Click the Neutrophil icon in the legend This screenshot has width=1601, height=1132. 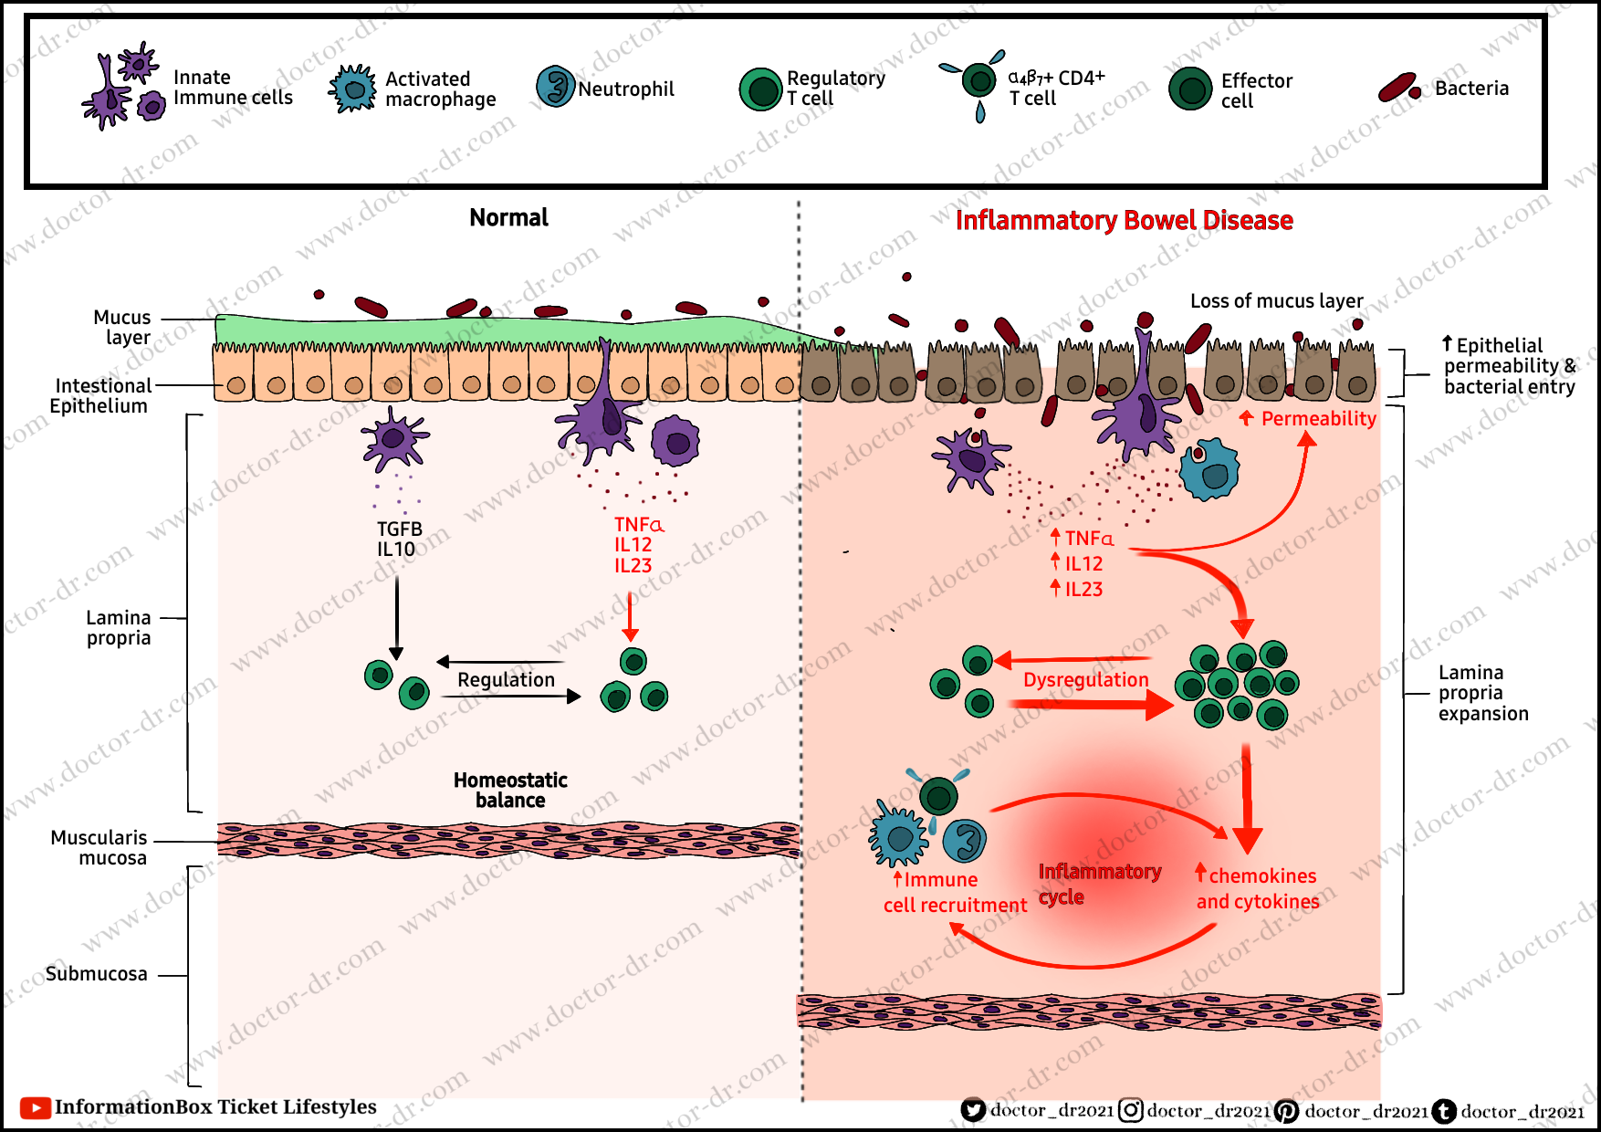click(555, 87)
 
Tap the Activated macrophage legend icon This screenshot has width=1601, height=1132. click(352, 89)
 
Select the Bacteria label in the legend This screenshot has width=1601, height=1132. click(1471, 89)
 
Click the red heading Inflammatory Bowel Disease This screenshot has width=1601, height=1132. click(1124, 221)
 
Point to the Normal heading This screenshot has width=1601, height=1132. click(508, 217)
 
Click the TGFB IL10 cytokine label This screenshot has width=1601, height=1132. click(399, 540)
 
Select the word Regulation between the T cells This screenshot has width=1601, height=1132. click(506, 680)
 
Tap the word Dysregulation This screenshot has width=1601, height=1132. click(1085, 680)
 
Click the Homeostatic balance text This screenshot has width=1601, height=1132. click(510, 791)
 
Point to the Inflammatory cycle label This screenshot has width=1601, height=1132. click(1099, 884)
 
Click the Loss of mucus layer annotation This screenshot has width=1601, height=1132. click(1276, 301)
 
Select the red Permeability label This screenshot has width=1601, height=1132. click(1318, 419)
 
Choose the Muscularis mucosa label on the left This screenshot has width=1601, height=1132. click(99, 848)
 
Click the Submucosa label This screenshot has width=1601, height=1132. click(97, 974)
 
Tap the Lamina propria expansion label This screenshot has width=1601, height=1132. click(1482, 693)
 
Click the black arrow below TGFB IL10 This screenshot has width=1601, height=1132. click(396, 616)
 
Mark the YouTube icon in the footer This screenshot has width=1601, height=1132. click(35, 1108)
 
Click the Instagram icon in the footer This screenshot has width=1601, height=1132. click(1131, 1111)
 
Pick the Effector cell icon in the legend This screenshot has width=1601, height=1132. click(1190, 89)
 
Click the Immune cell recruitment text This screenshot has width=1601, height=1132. click(955, 893)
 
